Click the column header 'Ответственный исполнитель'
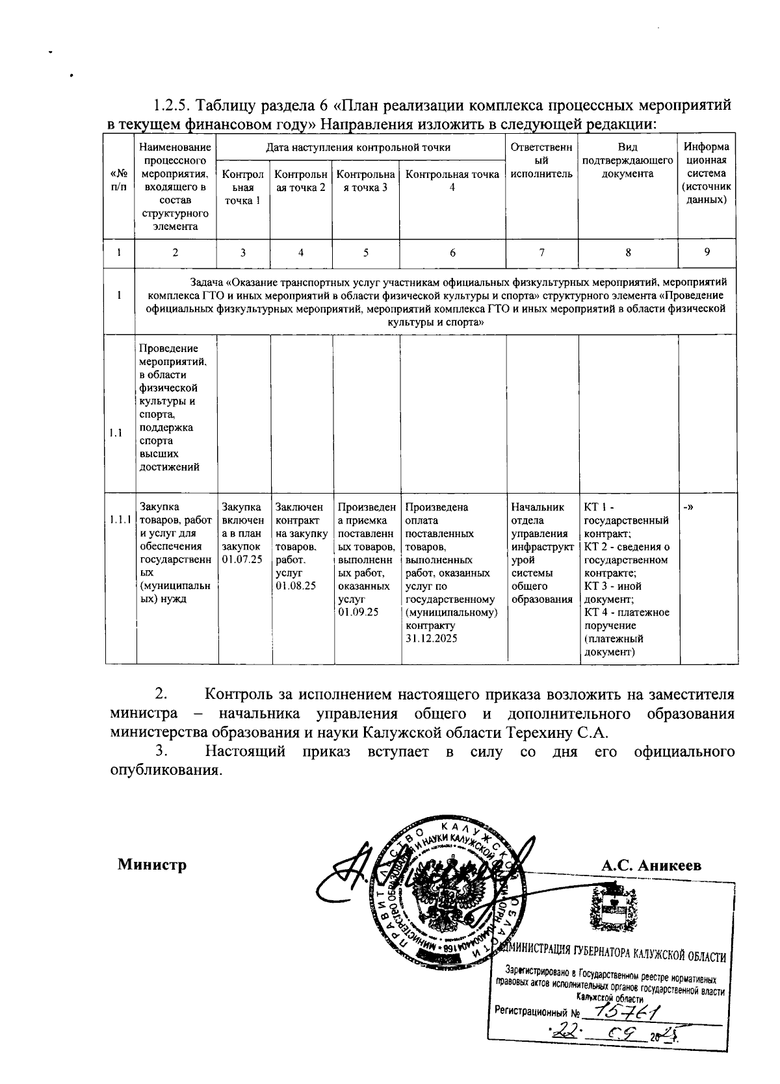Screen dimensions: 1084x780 (x=542, y=160)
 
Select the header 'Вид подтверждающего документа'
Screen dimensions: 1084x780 (x=628, y=160)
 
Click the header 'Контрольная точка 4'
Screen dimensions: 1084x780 (x=452, y=180)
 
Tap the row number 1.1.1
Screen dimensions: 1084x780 (x=120, y=520)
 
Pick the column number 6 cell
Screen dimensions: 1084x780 (x=452, y=253)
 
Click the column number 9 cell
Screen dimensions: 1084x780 (x=707, y=253)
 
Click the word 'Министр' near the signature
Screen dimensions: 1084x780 (x=152, y=865)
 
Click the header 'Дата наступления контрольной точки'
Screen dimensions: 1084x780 (x=358, y=147)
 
